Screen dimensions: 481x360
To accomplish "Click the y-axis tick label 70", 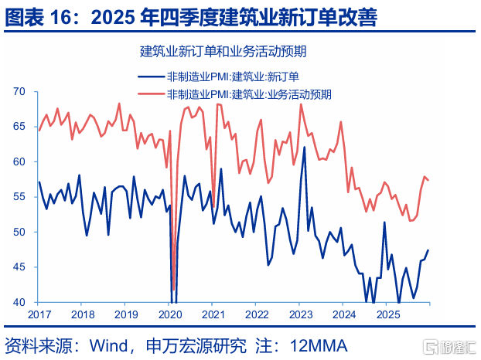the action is pyautogui.click(x=19, y=91).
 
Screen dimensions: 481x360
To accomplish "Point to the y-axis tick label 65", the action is pyautogui.click(x=19, y=126).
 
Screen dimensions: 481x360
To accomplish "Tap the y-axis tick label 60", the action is pyautogui.click(x=19, y=161).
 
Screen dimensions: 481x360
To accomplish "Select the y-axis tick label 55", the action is pyautogui.click(x=19, y=196).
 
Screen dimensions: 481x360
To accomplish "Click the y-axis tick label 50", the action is pyautogui.click(x=19, y=232).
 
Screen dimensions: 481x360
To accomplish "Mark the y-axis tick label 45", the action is pyautogui.click(x=19, y=267).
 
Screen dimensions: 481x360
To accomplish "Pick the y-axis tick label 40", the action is pyautogui.click(x=19, y=302).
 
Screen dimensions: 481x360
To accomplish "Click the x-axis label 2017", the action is pyautogui.click(x=39, y=314).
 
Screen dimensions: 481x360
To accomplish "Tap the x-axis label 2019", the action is pyautogui.click(x=126, y=314).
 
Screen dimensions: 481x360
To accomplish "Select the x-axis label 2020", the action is pyautogui.click(x=170, y=314).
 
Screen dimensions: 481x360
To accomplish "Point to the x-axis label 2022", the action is pyautogui.click(x=257, y=314).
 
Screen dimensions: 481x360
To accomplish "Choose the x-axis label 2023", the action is pyautogui.click(x=301, y=314).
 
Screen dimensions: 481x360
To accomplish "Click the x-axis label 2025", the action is pyautogui.click(x=388, y=314).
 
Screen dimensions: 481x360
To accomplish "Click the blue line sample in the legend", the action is pyautogui.click(x=151, y=76).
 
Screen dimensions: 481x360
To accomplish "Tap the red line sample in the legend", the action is pyautogui.click(x=151, y=93).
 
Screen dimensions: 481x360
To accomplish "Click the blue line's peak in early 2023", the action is pyautogui.click(x=305, y=148).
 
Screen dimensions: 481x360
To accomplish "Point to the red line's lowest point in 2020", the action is pyautogui.click(x=174, y=289).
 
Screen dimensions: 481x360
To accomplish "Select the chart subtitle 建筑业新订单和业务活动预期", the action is pyautogui.click(x=223, y=51).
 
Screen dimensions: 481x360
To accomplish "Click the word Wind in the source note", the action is pyautogui.click(x=109, y=346).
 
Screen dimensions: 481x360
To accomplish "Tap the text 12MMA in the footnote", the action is pyautogui.click(x=319, y=346).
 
